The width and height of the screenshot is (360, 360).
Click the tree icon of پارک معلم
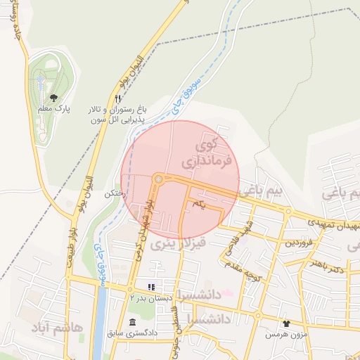click(54, 98)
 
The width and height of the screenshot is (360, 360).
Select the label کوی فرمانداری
click(200, 155)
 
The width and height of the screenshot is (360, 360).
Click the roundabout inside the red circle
click(159, 179)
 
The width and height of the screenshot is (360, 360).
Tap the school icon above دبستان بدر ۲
click(150, 287)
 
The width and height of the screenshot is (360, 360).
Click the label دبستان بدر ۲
click(150, 298)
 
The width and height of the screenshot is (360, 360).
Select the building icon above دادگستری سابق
click(132, 322)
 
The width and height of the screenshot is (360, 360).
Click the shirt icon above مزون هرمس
click(286, 323)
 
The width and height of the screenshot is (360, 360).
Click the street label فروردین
click(299, 243)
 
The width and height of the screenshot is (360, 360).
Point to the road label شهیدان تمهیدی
click(332, 224)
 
